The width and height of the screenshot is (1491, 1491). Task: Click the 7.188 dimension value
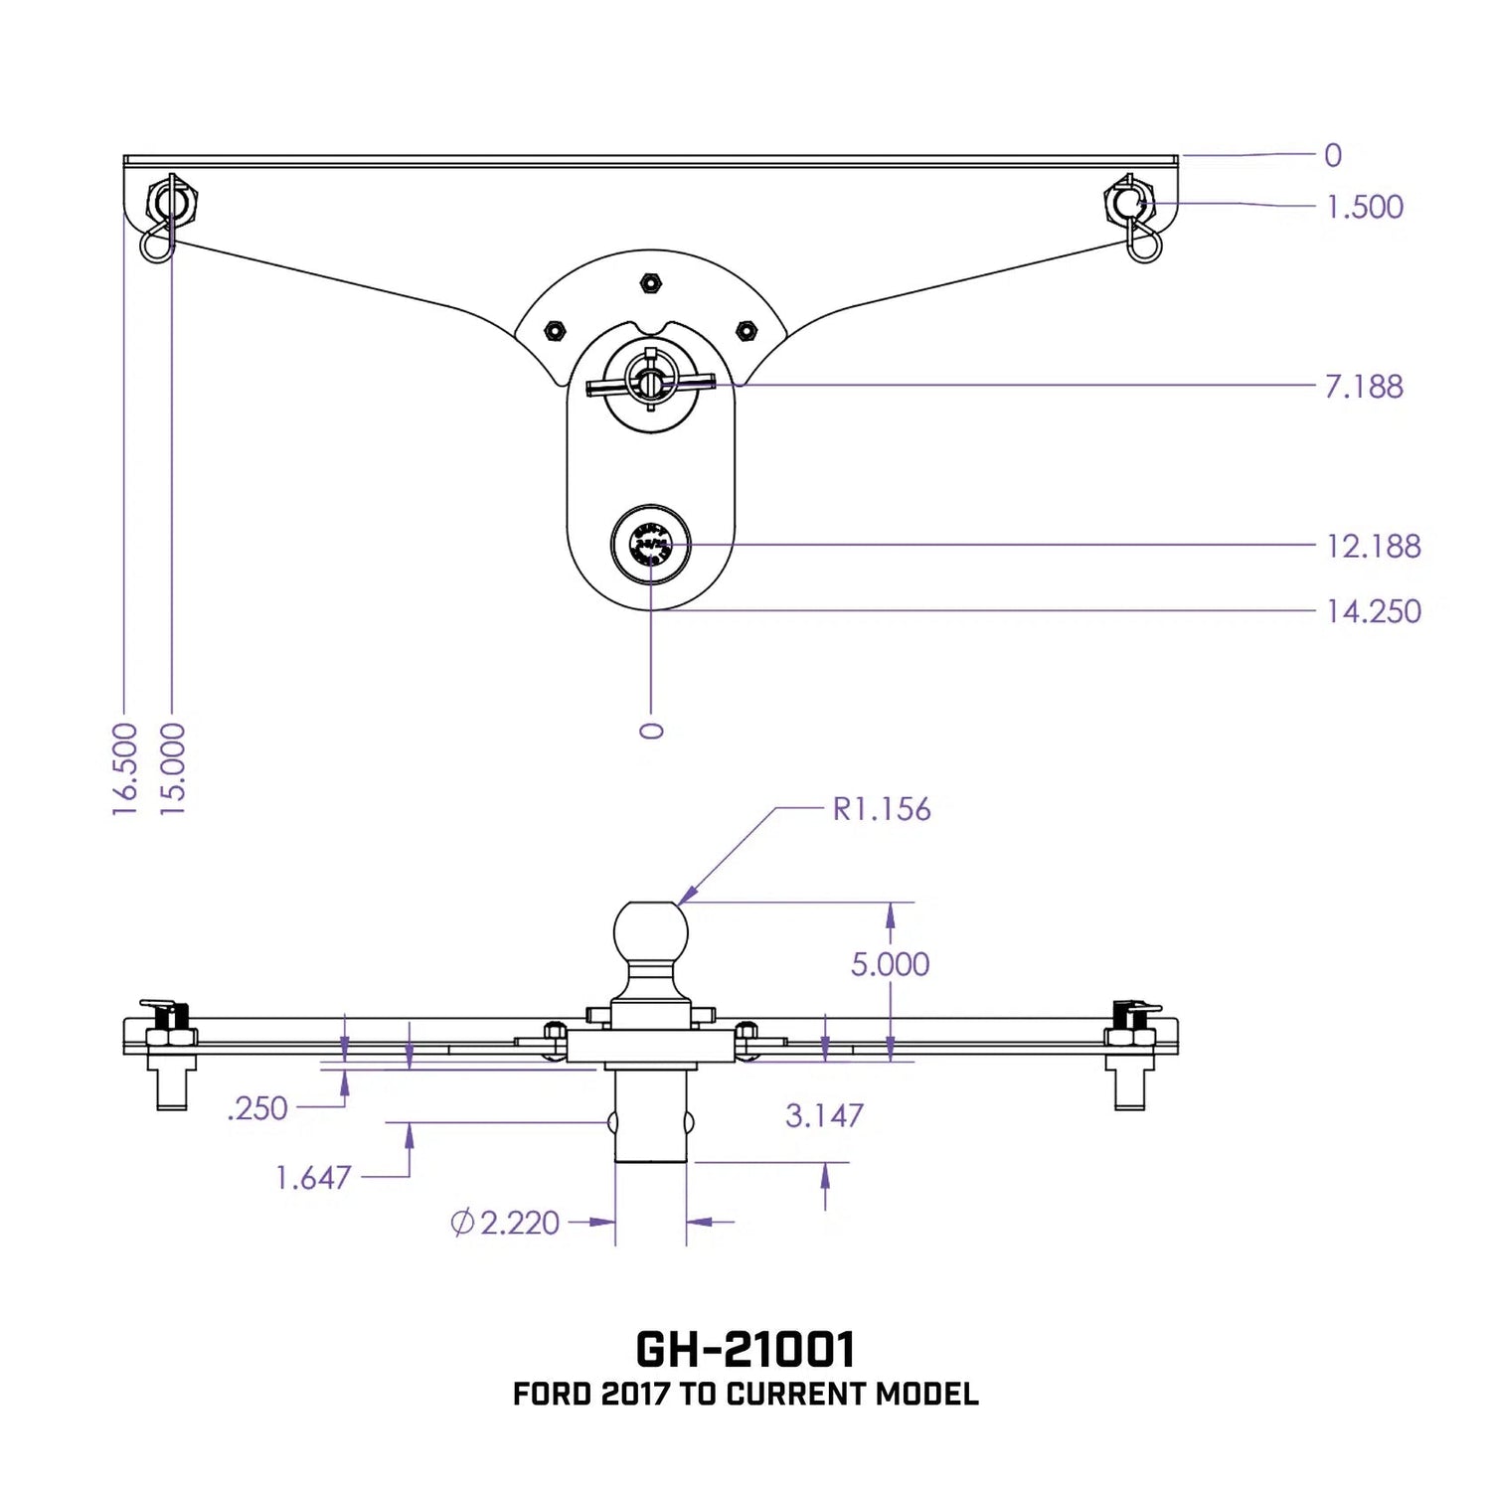click(1364, 386)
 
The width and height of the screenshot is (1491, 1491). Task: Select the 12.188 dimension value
click(1373, 546)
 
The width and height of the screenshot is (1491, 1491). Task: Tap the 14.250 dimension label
click(1373, 611)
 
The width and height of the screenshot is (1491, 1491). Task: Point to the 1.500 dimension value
click(1365, 207)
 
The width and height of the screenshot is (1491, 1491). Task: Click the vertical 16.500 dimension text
click(124, 769)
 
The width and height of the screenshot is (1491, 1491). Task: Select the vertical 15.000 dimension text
click(173, 769)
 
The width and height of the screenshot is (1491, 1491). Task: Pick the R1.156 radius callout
click(882, 809)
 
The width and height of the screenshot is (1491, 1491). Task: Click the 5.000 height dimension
click(890, 964)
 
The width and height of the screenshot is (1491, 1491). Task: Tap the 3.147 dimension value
click(824, 1115)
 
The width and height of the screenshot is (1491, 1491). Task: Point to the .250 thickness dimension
click(257, 1108)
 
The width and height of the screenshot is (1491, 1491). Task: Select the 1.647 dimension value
click(313, 1178)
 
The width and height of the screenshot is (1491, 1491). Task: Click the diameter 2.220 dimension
click(506, 1223)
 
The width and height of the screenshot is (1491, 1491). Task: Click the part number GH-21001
click(745, 1349)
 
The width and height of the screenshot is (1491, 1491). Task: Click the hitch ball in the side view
click(651, 930)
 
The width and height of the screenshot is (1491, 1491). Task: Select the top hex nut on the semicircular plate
click(649, 282)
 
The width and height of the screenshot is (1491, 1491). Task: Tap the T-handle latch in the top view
click(650, 383)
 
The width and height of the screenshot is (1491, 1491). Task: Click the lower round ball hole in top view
click(651, 546)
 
